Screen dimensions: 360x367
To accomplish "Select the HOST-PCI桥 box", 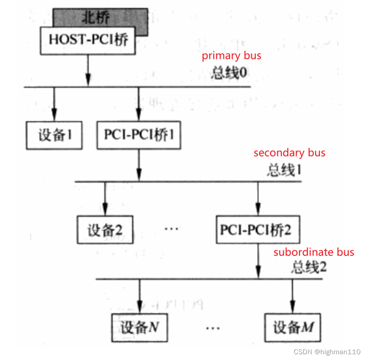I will (x=88, y=40).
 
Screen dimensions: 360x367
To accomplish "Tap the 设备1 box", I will (x=55, y=135).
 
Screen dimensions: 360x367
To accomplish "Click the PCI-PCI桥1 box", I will (x=139, y=135).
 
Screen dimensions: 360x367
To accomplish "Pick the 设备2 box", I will (x=105, y=230).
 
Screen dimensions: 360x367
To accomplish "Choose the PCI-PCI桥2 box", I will (x=258, y=230).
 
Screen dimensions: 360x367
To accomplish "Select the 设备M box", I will (x=292, y=328).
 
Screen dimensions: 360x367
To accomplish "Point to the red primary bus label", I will (x=231, y=56).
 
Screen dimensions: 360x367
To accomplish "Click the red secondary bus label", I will (x=289, y=153).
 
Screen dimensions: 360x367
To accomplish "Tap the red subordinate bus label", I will (x=314, y=252).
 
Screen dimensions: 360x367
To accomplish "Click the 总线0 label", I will (x=228, y=72).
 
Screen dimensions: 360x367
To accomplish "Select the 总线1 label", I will (x=284, y=170).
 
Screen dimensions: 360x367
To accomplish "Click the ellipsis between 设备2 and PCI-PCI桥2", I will (x=171, y=229).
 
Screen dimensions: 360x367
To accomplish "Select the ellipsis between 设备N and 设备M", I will (x=213, y=328).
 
